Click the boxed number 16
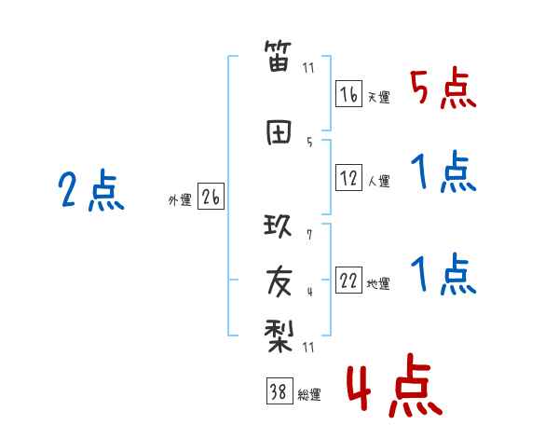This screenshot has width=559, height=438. coord(349,94)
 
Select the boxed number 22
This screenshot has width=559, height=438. coord(349,281)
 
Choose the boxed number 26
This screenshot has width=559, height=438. coord(211,198)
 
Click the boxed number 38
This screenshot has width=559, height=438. coord(279,392)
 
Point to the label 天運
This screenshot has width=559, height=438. coord(378,97)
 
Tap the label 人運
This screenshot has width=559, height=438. coord(378,180)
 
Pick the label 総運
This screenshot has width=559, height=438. coord(308,395)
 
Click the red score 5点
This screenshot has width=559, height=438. coord(443,89)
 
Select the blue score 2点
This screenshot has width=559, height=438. coord(90,192)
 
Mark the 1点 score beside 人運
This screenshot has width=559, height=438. coord(443,172)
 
